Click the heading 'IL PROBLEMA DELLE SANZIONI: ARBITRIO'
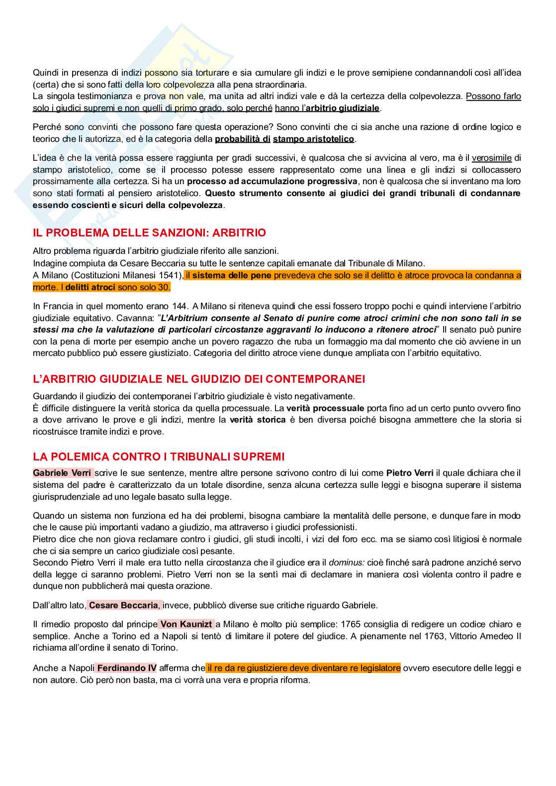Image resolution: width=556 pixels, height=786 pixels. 149,233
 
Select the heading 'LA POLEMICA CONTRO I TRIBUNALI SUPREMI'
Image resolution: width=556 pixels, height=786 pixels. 159,457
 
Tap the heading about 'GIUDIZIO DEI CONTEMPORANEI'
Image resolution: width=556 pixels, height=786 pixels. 199,379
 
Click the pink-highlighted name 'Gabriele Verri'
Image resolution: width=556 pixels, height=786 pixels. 62,473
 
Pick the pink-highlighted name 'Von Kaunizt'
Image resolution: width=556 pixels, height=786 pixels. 186,624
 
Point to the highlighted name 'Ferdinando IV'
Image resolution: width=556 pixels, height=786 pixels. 126,668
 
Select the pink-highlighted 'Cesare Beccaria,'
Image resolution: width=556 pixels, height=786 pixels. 124,605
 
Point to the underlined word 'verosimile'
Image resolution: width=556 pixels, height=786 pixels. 491,158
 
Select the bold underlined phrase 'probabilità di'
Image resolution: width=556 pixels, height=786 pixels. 243,139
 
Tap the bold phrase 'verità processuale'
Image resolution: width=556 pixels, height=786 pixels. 325,408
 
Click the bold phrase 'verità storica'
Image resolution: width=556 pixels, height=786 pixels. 258,420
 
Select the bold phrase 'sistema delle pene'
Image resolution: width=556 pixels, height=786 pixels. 232,275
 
